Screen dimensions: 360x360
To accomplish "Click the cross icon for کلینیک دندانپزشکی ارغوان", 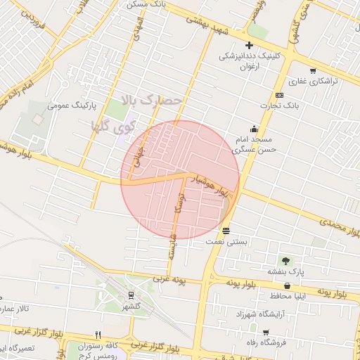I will tap(249, 45).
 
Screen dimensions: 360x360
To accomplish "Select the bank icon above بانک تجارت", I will tap(280, 95).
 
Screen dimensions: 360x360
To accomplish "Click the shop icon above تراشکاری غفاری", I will tap(312, 70).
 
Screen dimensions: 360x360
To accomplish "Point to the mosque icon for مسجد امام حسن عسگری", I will tap(254, 129).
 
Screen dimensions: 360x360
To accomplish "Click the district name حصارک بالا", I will tap(150, 101).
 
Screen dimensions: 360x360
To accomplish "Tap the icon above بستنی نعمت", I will tap(226, 231).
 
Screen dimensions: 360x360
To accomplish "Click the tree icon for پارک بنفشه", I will tap(285, 261).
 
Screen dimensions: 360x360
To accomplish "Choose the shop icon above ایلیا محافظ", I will tap(288, 285).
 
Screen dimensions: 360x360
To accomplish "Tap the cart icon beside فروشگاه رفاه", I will tap(266, 332).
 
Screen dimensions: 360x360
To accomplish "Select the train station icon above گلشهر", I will tap(131, 295).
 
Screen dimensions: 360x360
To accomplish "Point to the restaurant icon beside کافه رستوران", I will tap(98, 335).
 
